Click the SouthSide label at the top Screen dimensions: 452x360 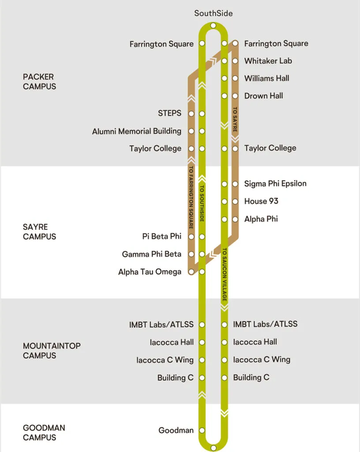(x=213, y=13)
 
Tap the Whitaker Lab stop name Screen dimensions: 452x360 (x=268, y=61)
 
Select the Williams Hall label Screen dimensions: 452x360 (x=266, y=79)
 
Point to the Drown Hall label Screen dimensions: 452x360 (x=263, y=96)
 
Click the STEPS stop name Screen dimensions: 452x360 (x=169, y=113)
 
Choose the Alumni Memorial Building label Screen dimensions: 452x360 (x=136, y=131)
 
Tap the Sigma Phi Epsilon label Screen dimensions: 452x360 (x=275, y=184)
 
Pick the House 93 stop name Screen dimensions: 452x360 (x=261, y=201)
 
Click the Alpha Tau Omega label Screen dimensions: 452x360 (x=150, y=272)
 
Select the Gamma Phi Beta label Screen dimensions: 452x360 (x=151, y=254)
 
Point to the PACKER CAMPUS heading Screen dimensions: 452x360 (x=39, y=82)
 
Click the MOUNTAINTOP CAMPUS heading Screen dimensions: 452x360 (x=52, y=351)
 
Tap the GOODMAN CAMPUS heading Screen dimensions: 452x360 (x=44, y=433)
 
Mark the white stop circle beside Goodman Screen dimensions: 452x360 (x=202, y=430)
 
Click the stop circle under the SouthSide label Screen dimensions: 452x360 (x=213, y=26)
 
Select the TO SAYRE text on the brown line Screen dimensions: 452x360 (x=235, y=119)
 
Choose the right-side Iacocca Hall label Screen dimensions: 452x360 (x=255, y=342)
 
